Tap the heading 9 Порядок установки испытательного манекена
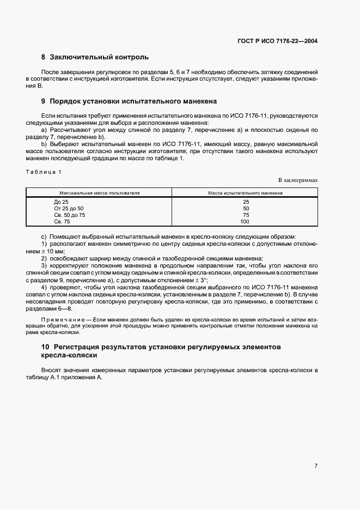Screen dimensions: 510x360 click(x=129, y=101)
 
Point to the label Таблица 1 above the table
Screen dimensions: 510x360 click(x=44, y=172)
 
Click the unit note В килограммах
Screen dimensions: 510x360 click(x=298, y=179)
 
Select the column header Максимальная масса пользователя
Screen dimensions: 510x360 click(x=100, y=193)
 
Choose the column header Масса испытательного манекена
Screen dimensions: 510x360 click(x=245, y=193)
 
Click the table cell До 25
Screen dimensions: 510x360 click(x=61, y=202)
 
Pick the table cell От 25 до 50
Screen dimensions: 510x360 click(x=69, y=208)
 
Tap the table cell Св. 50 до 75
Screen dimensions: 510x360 click(x=70, y=215)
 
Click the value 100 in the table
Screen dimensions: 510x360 click(x=245, y=221)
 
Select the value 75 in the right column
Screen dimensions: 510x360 click(x=246, y=215)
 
